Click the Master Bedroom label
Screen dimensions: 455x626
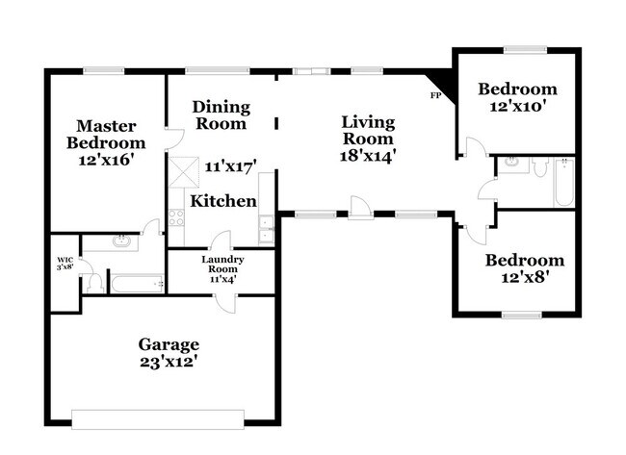tap(106, 134)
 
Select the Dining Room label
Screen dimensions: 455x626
tap(220, 114)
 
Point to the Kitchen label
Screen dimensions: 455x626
tap(223, 201)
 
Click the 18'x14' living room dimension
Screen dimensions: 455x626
tap(368, 154)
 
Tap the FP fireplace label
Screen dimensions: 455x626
tap(435, 96)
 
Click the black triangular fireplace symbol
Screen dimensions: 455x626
tap(443, 80)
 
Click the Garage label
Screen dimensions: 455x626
tap(169, 343)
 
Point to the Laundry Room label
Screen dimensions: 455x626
tap(222, 265)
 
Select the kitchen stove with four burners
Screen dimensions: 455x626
tap(177, 217)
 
